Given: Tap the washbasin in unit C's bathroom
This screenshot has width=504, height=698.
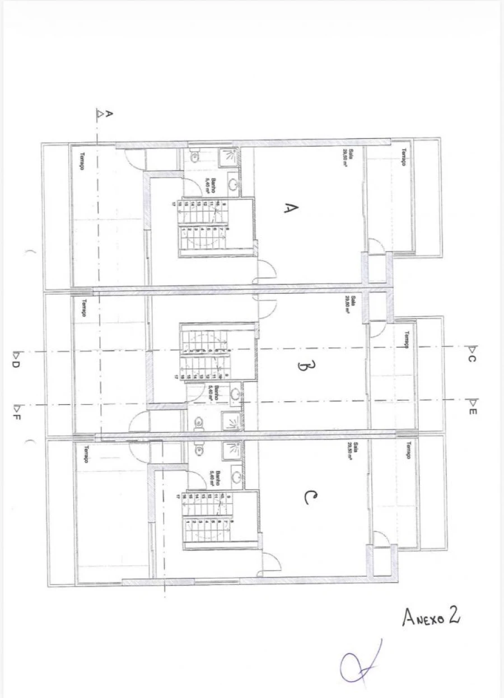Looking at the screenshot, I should (x=237, y=477).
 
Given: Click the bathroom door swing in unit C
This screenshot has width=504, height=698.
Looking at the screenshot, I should (x=196, y=479).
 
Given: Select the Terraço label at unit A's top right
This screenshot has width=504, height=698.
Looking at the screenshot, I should (x=403, y=157).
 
